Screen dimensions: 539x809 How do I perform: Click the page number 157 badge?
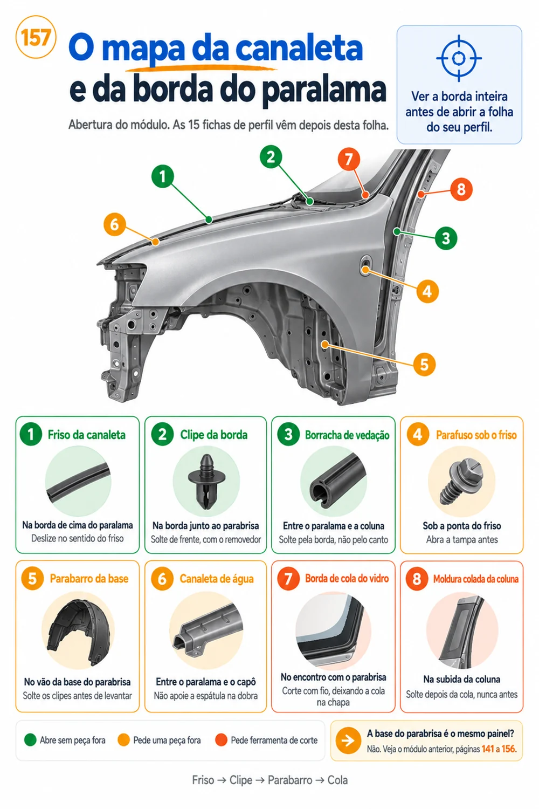tap(36, 37)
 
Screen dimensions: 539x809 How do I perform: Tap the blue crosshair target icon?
tap(459, 58)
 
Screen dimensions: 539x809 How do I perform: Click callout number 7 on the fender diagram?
tap(349, 159)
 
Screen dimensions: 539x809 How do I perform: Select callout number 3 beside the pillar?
tap(446, 238)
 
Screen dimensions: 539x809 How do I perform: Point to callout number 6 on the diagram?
tap(114, 224)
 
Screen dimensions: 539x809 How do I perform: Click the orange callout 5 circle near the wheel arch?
tap(424, 365)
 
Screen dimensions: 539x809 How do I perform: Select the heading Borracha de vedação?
tap(347, 435)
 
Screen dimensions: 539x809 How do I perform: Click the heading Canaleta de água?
tap(217, 579)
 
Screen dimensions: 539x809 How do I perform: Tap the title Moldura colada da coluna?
tap(475, 579)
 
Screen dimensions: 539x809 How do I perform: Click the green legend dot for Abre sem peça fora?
tap(30, 740)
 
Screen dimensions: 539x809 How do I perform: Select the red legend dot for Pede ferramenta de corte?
tap(221, 740)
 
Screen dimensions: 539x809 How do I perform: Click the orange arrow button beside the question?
tap(348, 741)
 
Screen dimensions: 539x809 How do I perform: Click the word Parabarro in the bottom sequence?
tap(290, 780)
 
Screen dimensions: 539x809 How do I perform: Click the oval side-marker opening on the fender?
tap(365, 266)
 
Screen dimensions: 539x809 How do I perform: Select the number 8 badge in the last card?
tap(417, 579)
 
